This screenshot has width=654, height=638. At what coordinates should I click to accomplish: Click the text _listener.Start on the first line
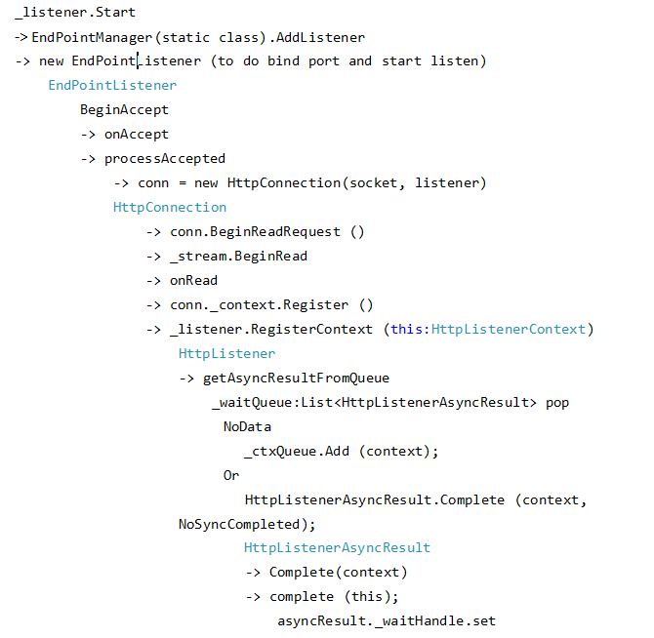click(75, 13)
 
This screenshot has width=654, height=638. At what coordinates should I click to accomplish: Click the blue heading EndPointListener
click(112, 86)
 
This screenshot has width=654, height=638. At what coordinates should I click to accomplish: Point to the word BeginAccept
click(124, 110)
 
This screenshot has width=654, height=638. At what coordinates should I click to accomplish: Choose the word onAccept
click(136, 135)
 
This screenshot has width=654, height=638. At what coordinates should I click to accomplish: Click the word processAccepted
click(164, 159)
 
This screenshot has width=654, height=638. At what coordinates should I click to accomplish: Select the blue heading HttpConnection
click(170, 208)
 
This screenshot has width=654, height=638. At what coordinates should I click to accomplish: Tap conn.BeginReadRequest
click(255, 232)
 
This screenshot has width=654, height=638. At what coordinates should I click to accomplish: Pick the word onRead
click(193, 281)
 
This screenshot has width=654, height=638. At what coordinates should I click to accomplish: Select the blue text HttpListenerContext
click(509, 329)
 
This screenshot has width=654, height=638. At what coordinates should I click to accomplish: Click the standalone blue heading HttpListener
click(226, 353)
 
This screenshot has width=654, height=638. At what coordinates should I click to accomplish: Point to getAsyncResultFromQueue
click(296, 378)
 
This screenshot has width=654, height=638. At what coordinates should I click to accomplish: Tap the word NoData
click(247, 426)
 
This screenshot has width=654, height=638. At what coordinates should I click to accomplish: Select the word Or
click(230, 475)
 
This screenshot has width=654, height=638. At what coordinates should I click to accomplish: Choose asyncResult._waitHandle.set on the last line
click(387, 620)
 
